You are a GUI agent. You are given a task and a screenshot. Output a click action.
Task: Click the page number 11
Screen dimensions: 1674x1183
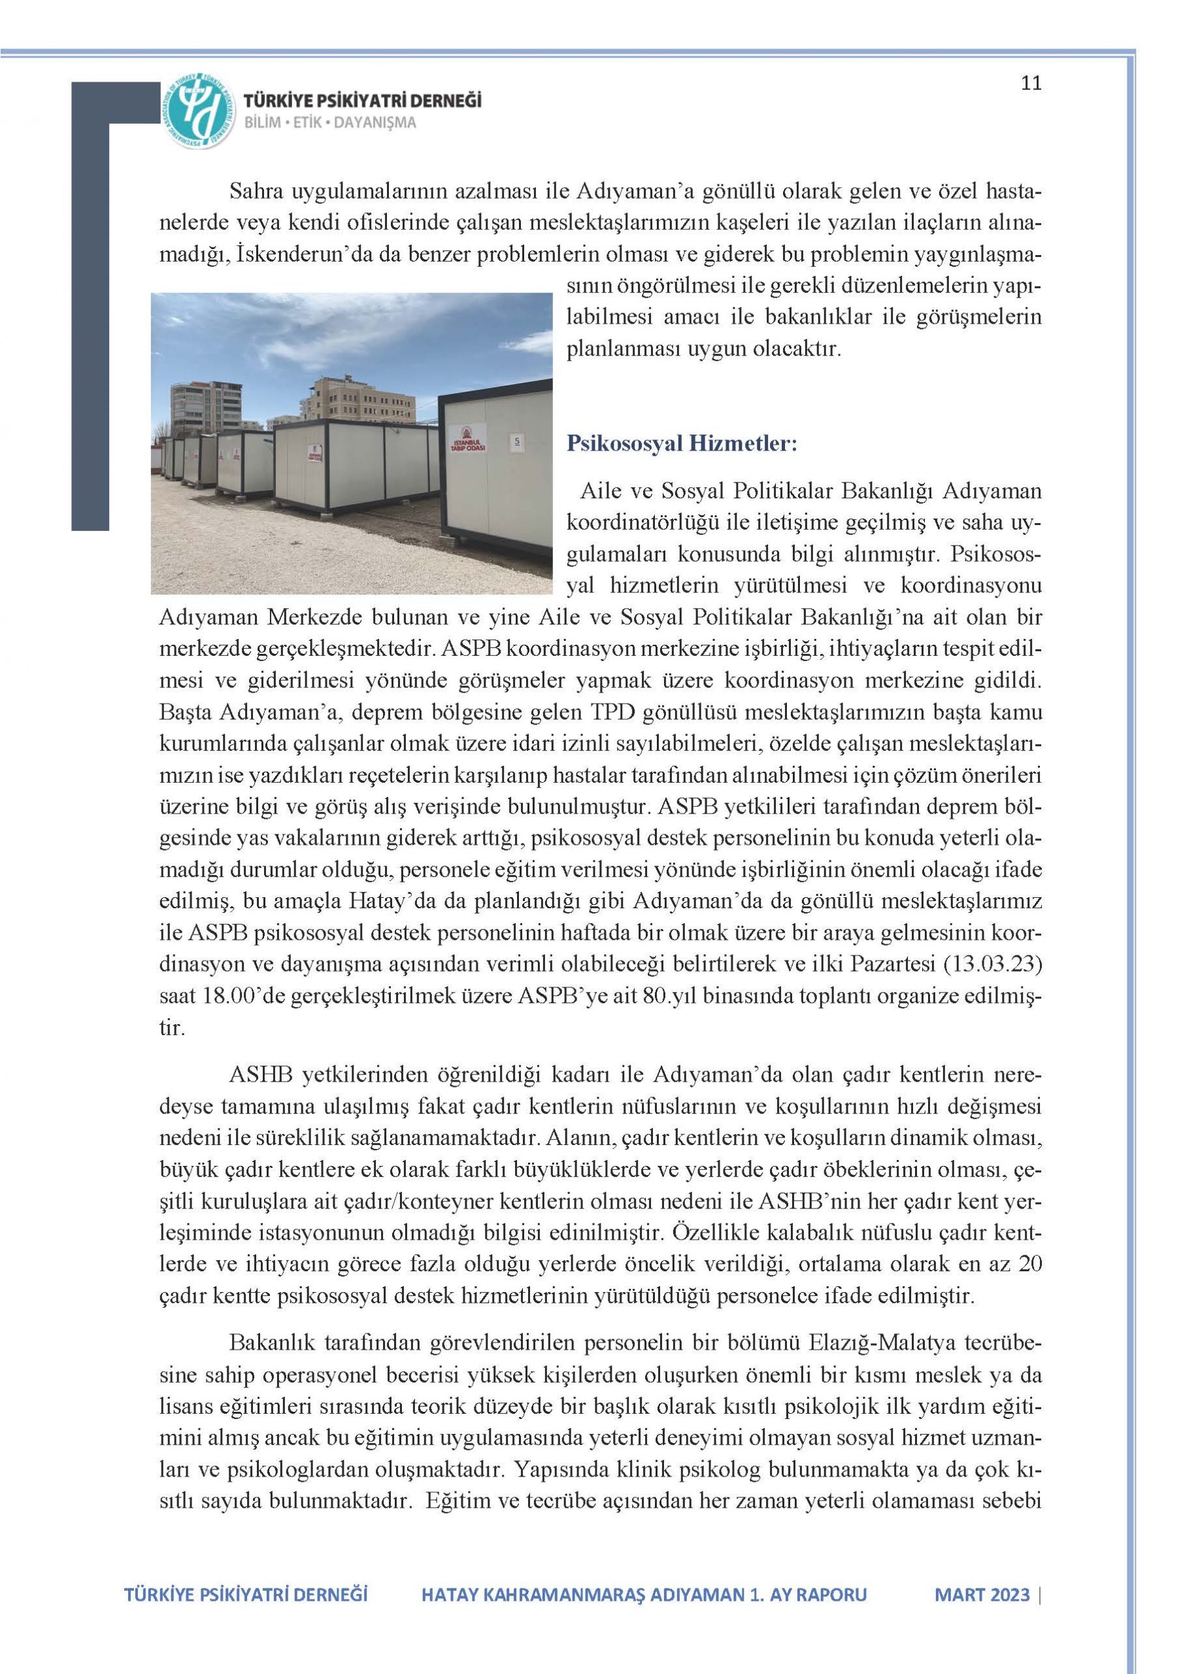point(1031,83)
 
